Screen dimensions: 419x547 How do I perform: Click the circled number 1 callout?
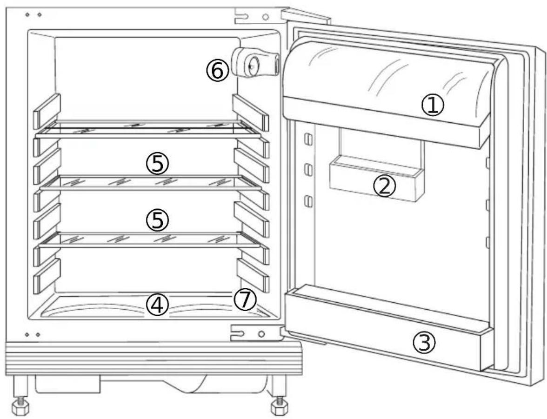[433, 106]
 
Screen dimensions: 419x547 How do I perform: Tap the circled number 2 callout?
[385, 186]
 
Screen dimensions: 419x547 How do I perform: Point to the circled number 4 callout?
[157, 306]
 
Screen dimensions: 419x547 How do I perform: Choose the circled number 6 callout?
[217, 72]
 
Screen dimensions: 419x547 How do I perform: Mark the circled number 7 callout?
[245, 300]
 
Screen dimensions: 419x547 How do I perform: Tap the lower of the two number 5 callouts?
[157, 220]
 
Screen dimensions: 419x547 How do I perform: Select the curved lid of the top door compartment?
[386, 70]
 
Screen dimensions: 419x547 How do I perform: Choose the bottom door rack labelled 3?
[386, 326]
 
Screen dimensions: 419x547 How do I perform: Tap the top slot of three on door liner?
[307, 139]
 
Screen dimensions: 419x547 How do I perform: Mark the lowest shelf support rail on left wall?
[47, 276]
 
